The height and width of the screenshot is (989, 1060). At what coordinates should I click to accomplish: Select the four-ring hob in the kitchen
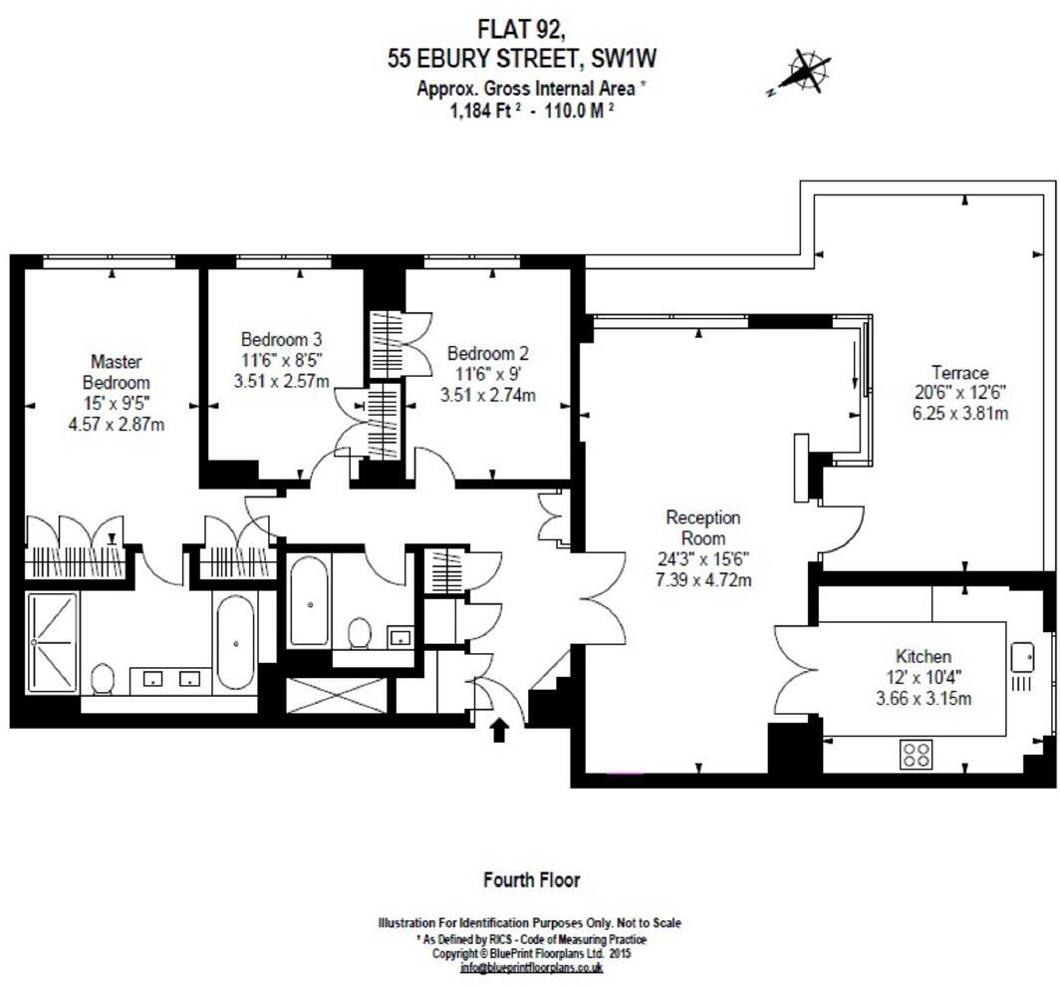coord(916,754)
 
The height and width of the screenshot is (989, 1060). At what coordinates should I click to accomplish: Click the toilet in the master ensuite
coord(102,678)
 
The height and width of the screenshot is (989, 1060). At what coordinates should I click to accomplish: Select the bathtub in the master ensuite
coord(235,642)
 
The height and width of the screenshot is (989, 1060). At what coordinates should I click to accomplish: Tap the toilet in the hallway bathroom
coord(359,632)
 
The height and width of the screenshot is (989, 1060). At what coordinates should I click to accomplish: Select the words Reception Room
coord(702,527)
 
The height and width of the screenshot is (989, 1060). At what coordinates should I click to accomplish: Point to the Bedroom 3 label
coord(281,338)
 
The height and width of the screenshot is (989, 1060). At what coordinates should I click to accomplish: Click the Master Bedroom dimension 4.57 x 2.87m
coord(116,424)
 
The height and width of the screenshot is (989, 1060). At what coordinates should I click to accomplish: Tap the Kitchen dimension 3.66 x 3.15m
coord(923,698)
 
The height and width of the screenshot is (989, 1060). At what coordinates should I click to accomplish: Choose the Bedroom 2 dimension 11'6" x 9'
coord(487,374)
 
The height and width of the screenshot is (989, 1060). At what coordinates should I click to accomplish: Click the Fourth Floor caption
coord(531,879)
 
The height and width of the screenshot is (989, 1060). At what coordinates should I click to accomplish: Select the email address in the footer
coord(530,967)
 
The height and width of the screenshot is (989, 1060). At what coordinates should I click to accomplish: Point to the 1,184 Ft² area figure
coord(485,111)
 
